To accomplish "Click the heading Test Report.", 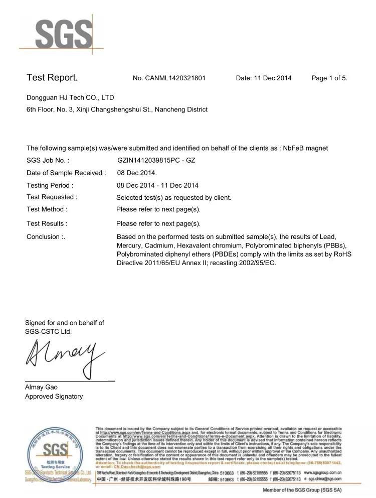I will (52, 78).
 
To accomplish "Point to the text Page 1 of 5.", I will (329, 78).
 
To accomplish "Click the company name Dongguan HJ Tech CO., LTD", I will (70, 97).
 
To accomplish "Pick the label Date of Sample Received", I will (66, 173).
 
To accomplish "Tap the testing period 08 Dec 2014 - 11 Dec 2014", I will (157, 186).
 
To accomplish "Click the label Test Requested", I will (52, 197).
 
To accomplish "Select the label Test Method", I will (47, 209).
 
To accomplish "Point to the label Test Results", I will (47, 223).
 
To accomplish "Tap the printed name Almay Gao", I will (42, 387).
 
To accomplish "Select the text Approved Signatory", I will (54, 397).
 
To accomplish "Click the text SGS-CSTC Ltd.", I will (48, 332).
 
